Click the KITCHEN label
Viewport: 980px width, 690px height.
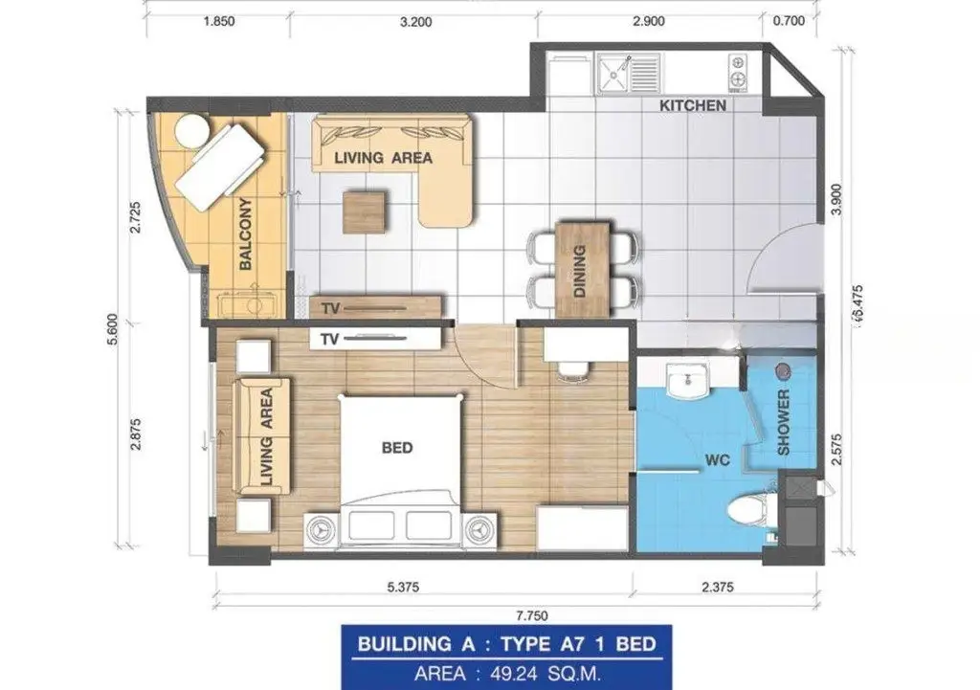tap(693, 105)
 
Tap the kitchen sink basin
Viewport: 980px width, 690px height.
tap(613, 74)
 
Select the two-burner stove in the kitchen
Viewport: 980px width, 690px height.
tap(738, 70)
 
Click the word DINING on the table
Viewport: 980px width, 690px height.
tap(579, 271)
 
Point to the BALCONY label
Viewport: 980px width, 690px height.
tap(246, 234)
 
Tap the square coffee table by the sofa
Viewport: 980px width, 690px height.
tap(364, 212)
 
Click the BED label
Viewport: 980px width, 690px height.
tap(397, 448)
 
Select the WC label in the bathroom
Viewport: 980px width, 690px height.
tap(718, 460)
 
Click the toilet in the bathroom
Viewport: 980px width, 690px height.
tap(752, 508)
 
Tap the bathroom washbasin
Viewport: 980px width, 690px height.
tap(687, 381)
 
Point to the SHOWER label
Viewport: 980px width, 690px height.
tap(783, 422)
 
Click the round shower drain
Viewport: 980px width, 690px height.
tap(783, 371)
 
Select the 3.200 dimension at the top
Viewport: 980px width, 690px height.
tap(415, 22)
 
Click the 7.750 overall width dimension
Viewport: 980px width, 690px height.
tap(532, 615)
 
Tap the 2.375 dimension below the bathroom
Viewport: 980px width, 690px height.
tap(718, 587)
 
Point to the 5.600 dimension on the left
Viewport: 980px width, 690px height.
tap(113, 329)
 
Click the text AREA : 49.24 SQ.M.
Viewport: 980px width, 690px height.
tap(507, 674)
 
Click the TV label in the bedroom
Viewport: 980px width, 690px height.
tap(329, 340)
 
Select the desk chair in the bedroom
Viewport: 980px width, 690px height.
tap(573, 370)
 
